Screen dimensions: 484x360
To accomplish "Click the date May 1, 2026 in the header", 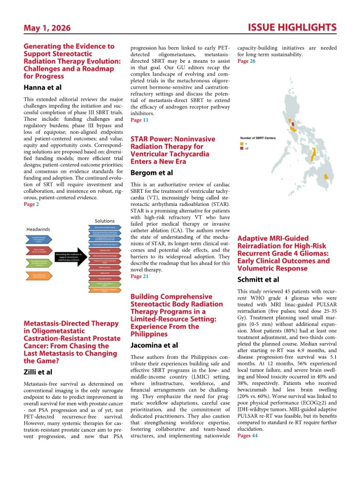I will click(x=47, y=28).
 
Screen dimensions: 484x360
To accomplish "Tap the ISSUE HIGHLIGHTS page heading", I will click(x=292, y=28).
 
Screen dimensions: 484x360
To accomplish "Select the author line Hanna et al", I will click(x=43, y=87).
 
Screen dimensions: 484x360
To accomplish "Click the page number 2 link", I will click(x=38, y=204).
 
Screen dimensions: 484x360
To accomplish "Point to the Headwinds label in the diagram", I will click(x=38, y=229).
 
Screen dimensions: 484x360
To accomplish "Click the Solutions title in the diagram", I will click(x=105, y=221).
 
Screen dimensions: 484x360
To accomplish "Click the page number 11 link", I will click(x=145, y=120).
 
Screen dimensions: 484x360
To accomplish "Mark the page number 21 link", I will click(x=145, y=276).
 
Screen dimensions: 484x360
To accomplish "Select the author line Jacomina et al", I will click(x=154, y=345).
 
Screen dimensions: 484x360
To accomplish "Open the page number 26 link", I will click(x=253, y=61).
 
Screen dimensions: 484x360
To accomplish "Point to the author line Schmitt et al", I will click(x=258, y=279).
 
